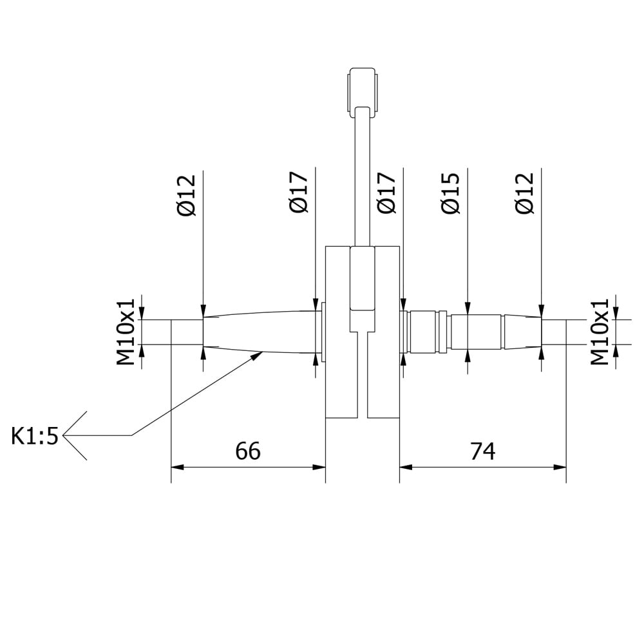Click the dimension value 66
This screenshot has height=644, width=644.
point(248,451)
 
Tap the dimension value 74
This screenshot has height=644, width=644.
point(482,451)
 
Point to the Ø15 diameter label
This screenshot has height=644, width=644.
point(450,193)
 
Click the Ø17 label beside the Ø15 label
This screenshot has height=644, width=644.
point(386,193)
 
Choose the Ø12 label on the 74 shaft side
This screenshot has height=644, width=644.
point(525,193)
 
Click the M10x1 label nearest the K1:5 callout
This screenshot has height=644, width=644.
point(126,332)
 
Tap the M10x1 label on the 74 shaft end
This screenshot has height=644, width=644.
point(600,332)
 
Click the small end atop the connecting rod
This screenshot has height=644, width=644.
point(362,90)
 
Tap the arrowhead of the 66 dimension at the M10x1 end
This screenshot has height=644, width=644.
point(177,467)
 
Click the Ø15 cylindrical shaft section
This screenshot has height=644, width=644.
point(475,332)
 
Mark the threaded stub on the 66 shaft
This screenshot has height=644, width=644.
point(187,332)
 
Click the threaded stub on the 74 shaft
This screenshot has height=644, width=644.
point(553,332)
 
